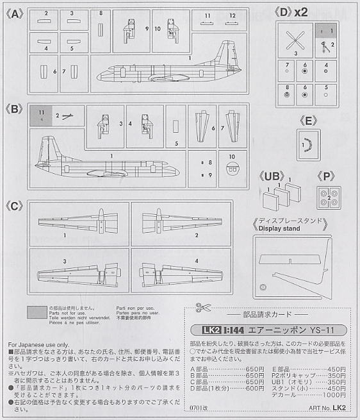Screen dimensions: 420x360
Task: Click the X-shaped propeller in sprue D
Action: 295,40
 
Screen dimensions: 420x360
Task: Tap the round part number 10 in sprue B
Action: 233,169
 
